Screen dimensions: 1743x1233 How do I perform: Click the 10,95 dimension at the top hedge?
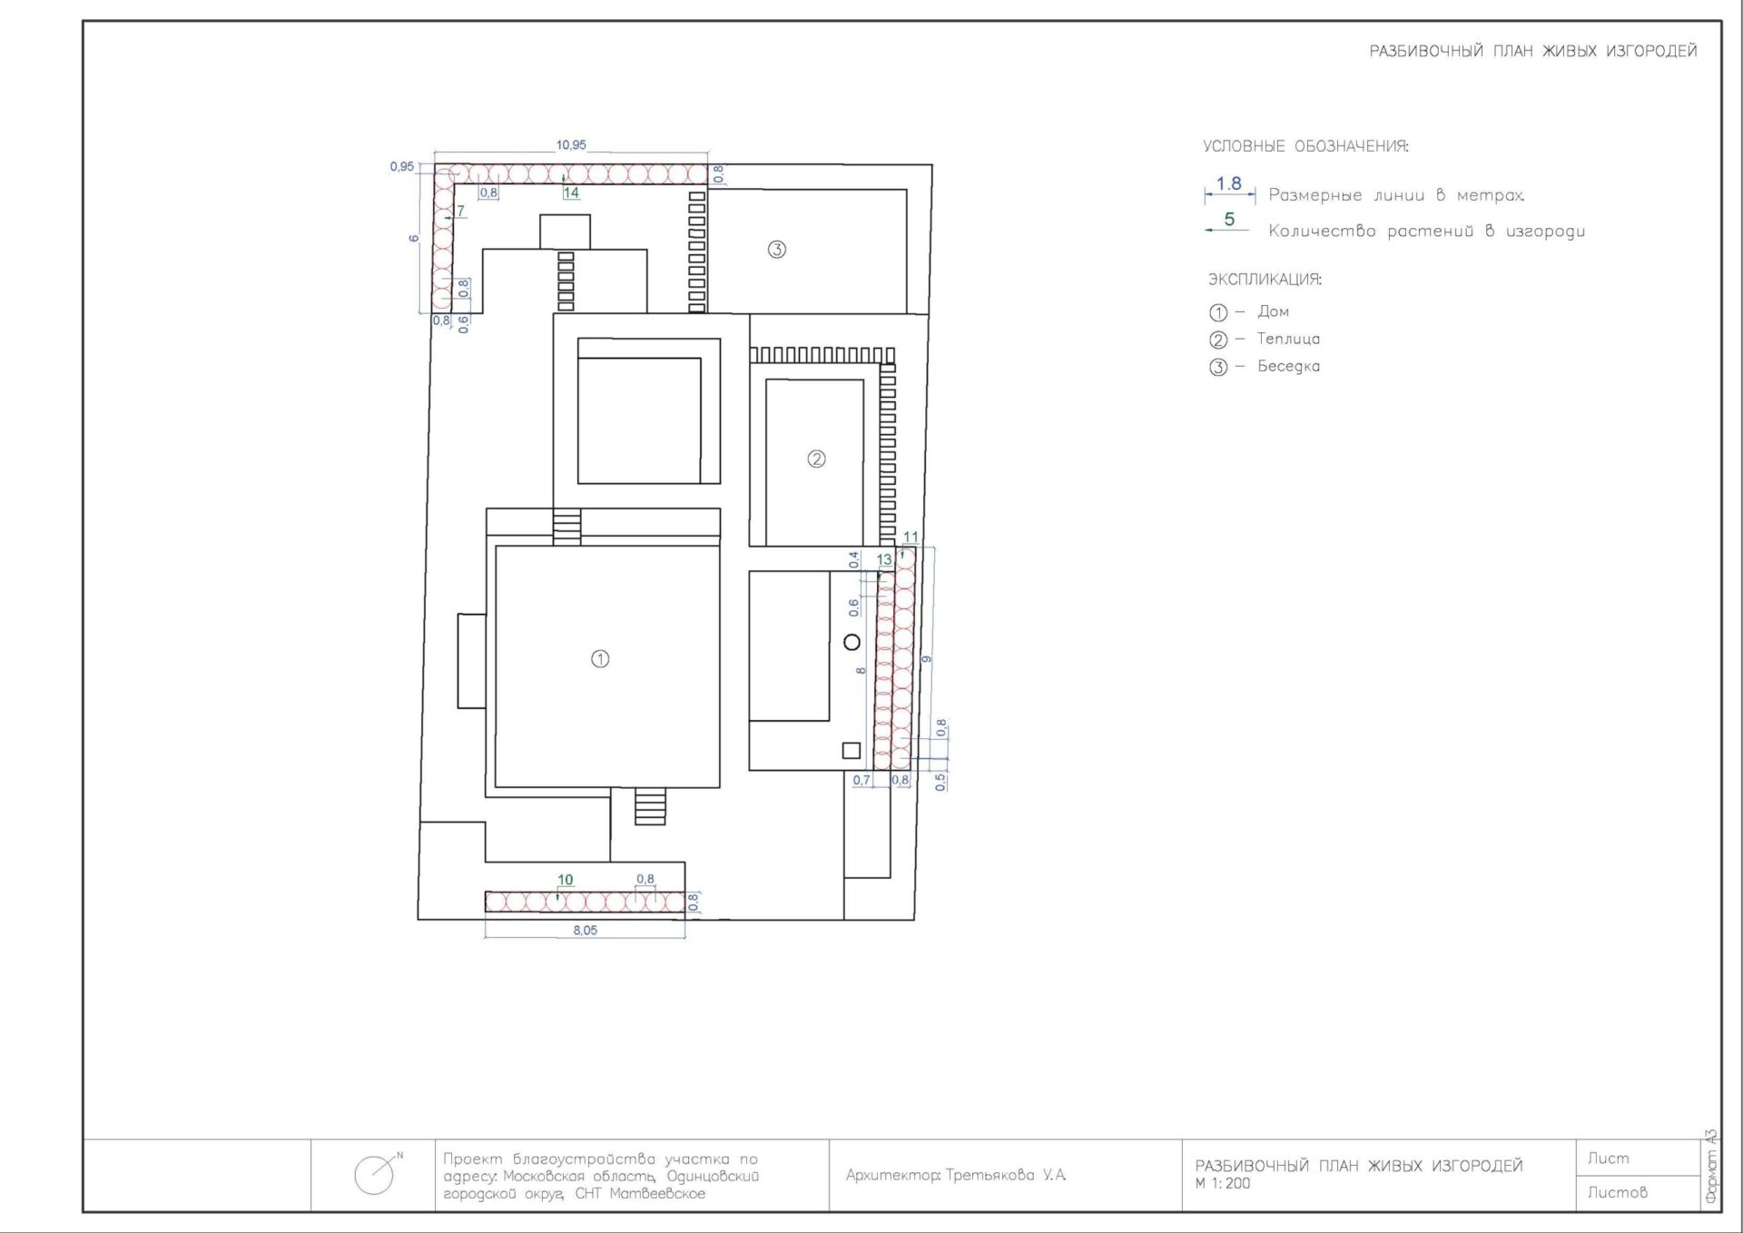[571, 144]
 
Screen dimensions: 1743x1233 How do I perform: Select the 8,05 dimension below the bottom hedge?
[585, 930]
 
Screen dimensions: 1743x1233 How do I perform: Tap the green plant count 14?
[570, 192]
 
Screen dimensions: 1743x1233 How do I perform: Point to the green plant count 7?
[460, 211]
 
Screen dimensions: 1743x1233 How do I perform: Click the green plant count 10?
[565, 879]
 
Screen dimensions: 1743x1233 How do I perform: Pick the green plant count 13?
[884, 559]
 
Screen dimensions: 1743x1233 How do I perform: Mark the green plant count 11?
[911, 537]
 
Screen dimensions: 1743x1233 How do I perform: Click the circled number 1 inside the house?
[600, 658]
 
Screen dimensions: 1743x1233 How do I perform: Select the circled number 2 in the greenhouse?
[816, 459]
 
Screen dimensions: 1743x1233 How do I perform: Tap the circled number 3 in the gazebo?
[776, 249]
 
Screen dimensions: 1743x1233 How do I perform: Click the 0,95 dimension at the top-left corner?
[401, 166]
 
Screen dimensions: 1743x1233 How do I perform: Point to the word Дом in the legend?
[1273, 311]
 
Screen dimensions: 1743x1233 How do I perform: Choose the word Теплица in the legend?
[1288, 339]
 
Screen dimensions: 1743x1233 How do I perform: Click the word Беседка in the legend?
[1288, 366]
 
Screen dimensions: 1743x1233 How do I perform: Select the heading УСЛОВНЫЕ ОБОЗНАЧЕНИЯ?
[1305, 146]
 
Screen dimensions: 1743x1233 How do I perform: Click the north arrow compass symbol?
[377, 1174]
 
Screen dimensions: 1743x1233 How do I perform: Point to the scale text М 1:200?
[1223, 1183]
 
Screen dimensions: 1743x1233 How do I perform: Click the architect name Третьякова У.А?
[1006, 1175]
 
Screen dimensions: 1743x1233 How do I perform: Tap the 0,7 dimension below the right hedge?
[861, 780]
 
